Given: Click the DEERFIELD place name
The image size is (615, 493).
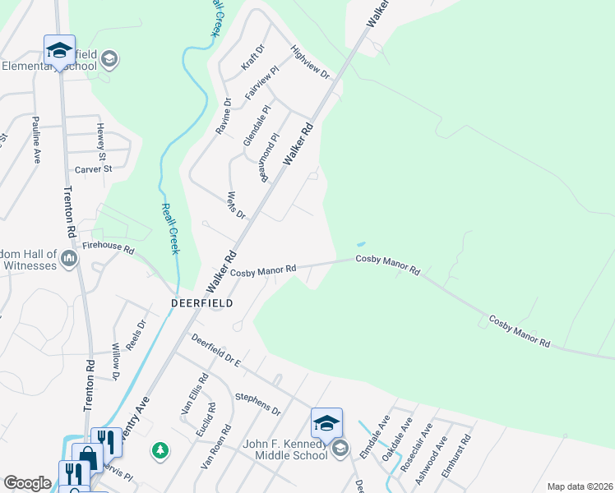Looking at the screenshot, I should click(201, 303).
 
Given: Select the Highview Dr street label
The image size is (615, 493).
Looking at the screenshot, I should click(310, 62).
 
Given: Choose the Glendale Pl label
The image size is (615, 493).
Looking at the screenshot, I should click(257, 126).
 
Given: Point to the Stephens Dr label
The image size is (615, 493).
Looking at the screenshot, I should click(258, 406).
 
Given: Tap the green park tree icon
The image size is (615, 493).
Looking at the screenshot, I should click(160, 450).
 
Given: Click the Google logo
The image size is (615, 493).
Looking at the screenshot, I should click(27, 483).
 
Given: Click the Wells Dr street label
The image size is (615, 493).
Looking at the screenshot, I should click(234, 204).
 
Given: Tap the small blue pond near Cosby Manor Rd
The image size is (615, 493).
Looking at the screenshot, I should click(360, 244).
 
